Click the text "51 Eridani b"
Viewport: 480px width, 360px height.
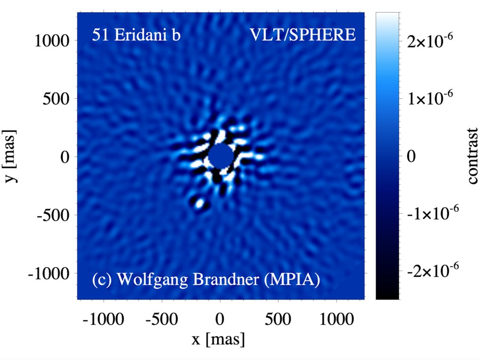tap(136, 36)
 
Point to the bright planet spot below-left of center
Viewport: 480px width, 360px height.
tap(199, 204)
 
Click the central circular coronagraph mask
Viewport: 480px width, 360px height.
tap(220, 156)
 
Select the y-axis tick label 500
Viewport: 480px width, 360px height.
tap(57, 99)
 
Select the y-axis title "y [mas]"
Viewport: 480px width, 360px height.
tap(14, 156)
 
